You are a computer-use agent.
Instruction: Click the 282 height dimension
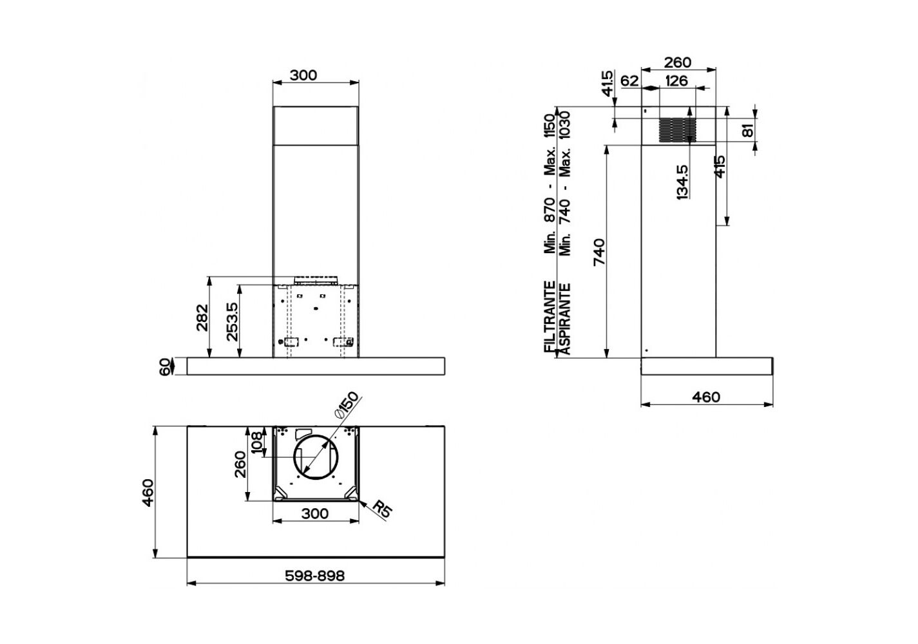[x=202, y=317]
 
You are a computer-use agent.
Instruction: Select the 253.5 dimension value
[x=232, y=321]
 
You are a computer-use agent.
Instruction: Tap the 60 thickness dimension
[x=165, y=367]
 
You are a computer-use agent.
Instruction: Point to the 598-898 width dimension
[x=315, y=576]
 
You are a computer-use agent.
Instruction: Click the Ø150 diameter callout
[x=346, y=405]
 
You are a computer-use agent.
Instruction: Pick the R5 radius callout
[x=382, y=511]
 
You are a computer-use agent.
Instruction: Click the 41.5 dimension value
[x=607, y=84]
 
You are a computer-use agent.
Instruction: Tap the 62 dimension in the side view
[x=629, y=81]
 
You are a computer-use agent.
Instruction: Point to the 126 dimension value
[x=676, y=81]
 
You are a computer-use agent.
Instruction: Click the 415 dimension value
[x=720, y=166]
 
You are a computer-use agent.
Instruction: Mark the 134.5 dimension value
[x=684, y=182]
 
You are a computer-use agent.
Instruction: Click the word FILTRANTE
[x=550, y=316]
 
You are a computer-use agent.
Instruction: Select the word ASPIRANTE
[x=564, y=319]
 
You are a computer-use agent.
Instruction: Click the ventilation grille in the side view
[x=675, y=129]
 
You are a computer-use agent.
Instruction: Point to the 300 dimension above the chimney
[x=303, y=75]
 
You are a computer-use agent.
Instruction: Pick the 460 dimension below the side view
[x=706, y=397]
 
